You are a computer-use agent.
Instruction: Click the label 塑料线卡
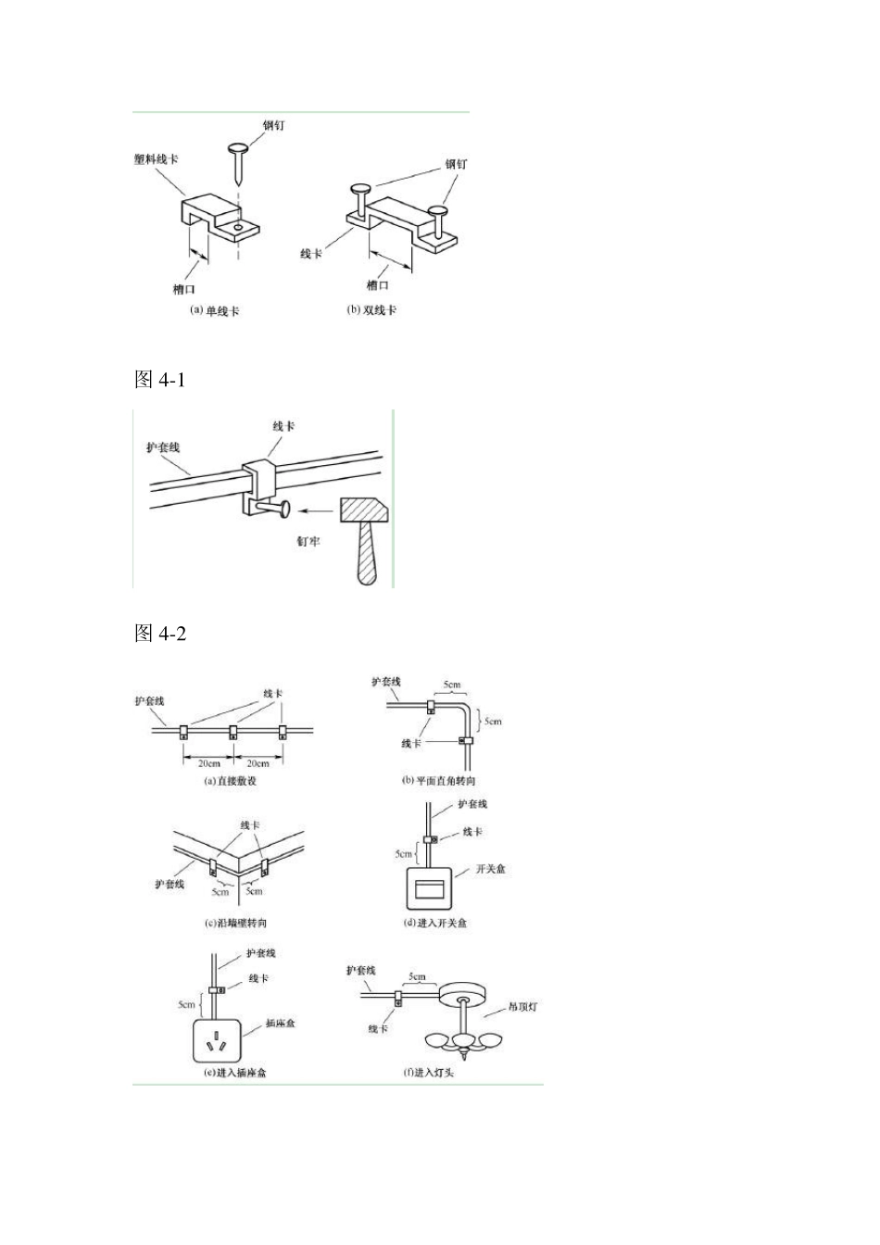coord(156,158)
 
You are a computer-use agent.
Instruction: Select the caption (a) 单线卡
coord(214,310)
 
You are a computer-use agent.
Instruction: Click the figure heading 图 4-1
coord(160,380)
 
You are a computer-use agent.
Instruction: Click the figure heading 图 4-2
coord(160,634)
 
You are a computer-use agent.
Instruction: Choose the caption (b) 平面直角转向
coord(438,780)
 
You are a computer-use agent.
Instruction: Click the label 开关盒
coord(491,870)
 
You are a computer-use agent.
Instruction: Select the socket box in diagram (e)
coord(217,1041)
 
